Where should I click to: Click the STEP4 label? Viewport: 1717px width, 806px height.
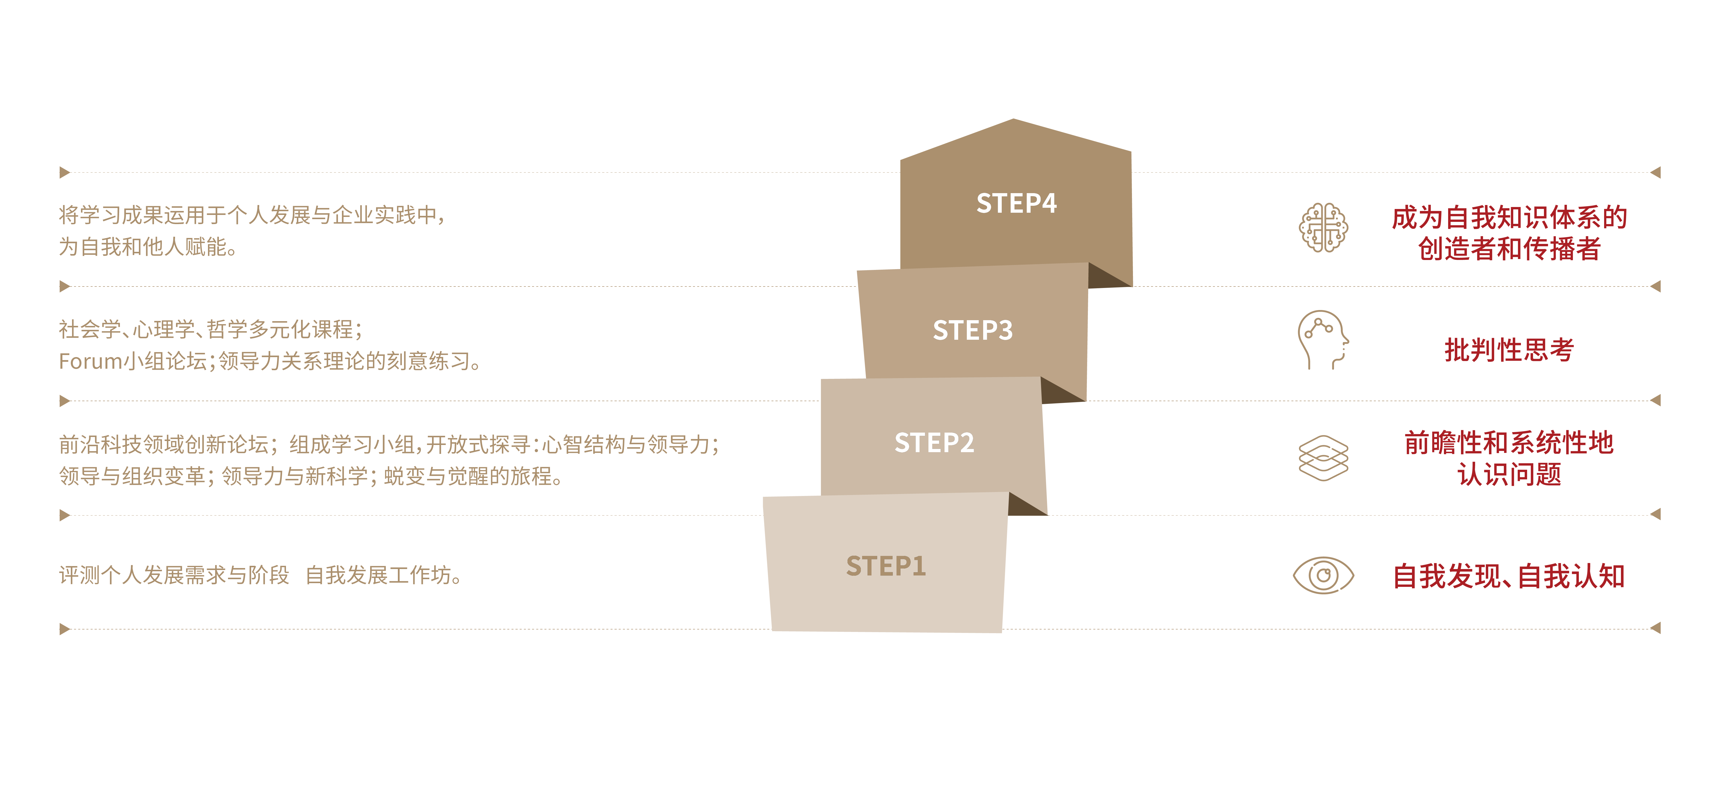[x=1016, y=203]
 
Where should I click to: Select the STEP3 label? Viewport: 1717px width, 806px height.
[x=973, y=330]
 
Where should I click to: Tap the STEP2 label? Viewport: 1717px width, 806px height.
[x=934, y=443]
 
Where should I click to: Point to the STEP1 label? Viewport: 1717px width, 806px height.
[x=886, y=566]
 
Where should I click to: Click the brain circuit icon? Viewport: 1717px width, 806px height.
[x=1323, y=227]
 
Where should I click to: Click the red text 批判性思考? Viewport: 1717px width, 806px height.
[x=1509, y=350]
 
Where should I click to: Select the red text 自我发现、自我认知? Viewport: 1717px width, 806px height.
[x=1509, y=576]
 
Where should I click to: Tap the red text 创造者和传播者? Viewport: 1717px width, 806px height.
[x=1509, y=249]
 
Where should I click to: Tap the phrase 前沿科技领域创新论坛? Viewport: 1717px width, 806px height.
[x=163, y=444]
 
